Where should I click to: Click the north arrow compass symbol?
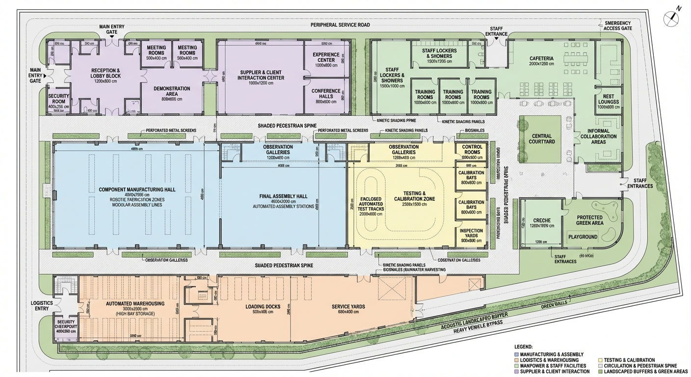pyautogui.click(x=671, y=18)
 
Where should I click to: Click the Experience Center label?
pyautogui.click(x=326, y=57)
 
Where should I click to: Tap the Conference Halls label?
pyautogui.click(x=326, y=93)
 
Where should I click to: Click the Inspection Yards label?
pyautogui.click(x=471, y=233)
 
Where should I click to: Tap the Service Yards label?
pyautogui.click(x=348, y=306)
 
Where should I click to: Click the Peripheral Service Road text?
pyautogui.click(x=340, y=25)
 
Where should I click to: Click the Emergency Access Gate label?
pyautogui.click(x=618, y=26)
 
